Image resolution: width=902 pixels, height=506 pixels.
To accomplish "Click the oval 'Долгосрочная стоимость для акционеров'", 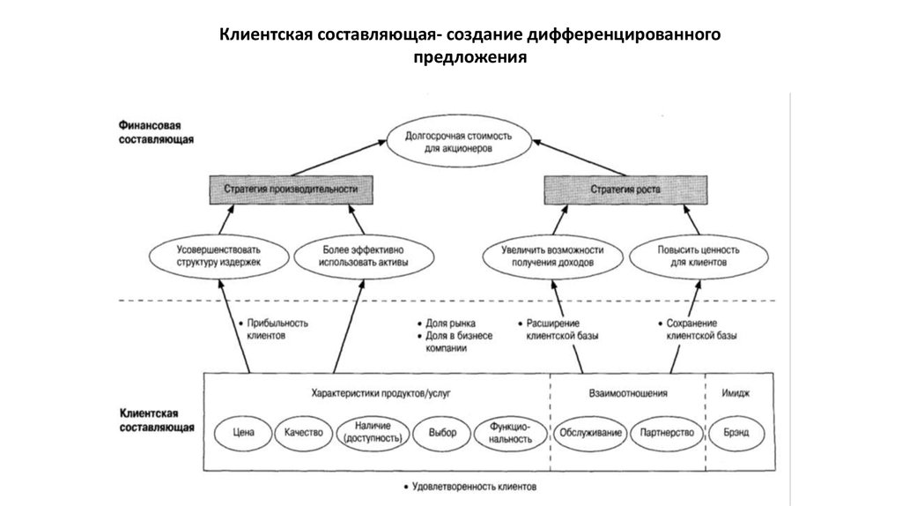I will (450, 143).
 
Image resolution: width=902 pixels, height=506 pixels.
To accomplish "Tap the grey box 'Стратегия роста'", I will (624, 190).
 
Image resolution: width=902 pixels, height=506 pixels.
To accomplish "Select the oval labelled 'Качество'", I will (303, 433).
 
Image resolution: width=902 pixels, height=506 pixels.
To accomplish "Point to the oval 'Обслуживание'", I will (589, 433).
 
